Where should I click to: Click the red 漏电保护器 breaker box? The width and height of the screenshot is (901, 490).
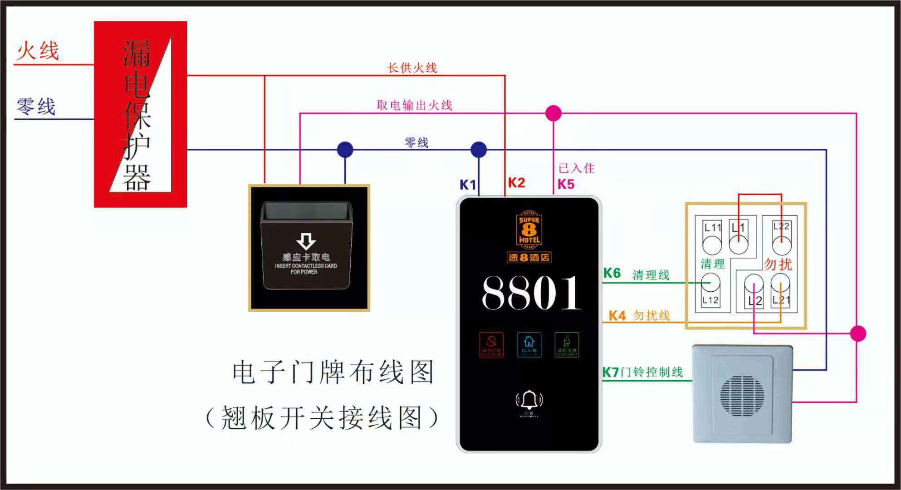[x=140, y=114]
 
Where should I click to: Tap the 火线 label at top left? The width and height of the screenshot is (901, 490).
[x=38, y=51]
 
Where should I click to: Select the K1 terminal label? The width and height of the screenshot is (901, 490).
[x=468, y=185]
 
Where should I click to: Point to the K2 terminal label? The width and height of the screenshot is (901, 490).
[x=516, y=183]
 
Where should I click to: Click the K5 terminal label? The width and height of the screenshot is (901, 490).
[x=566, y=184]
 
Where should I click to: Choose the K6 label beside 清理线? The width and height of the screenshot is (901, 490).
[x=612, y=273]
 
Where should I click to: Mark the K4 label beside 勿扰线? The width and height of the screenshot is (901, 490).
[x=617, y=316]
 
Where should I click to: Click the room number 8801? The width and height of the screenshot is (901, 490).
[x=531, y=293]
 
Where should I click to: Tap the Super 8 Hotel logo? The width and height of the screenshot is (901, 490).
[x=529, y=230]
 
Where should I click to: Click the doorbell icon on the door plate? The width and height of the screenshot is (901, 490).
[x=529, y=401]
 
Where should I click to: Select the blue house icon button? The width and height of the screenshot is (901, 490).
[x=529, y=344]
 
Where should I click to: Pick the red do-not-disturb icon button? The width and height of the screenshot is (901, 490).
[x=491, y=344]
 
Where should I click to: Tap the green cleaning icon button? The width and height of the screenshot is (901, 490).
[x=567, y=344]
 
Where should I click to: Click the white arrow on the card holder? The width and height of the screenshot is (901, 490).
[x=306, y=241]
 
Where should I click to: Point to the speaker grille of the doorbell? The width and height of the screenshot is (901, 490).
[x=742, y=395]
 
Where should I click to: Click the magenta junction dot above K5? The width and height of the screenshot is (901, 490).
[x=553, y=113]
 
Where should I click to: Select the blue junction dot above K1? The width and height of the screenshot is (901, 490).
[x=479, y=149]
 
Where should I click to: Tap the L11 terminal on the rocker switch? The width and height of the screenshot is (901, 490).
[x=712, y=227]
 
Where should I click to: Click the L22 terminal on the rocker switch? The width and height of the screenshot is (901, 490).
[x=781, y=226]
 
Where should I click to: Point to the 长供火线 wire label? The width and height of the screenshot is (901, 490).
[x=412, y=68]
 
